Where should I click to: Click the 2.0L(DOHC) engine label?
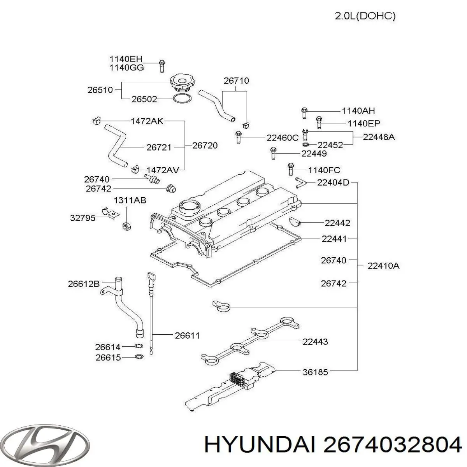pos(365,16)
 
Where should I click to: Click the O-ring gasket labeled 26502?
pos(182,99)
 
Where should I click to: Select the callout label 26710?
pos(236,81)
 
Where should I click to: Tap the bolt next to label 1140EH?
pos(162,66)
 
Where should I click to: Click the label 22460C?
pos(283,137)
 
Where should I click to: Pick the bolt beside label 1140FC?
pos(290,170)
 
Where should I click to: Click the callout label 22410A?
pos(383,266)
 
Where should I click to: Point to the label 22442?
pos(337,223)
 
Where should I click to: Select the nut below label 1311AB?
pos(126,225)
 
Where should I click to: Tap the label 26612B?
pos(84,284)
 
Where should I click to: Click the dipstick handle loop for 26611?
pos(151,279)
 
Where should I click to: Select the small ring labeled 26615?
pos(138,357)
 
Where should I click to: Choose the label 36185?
pos(315,372)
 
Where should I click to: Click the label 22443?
pos(315,342)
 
